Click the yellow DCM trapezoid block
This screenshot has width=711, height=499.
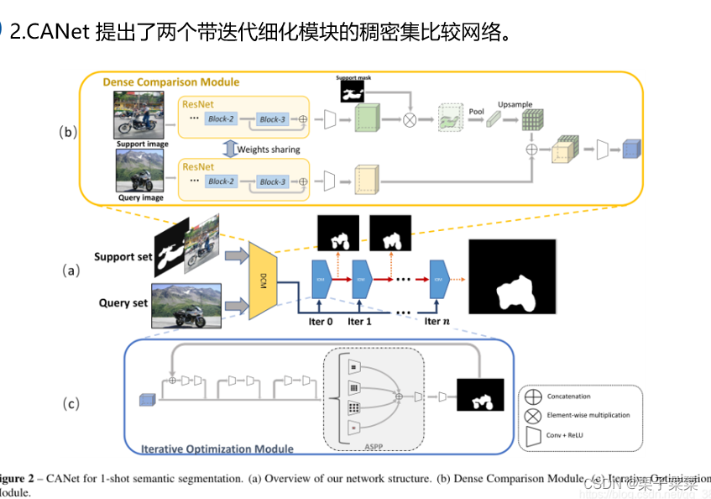click(x=262, y=282)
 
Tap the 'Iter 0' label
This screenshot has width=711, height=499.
click(x=321, y=321)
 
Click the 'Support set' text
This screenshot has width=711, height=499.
click(x=123, y=257)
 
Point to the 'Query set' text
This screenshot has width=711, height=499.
click(x=123, y=303)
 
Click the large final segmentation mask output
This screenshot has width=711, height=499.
click(x=512, y=276)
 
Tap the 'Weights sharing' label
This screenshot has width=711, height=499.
click(x=269, y=150)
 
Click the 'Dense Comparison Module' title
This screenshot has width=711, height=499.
click(x=170, y=82)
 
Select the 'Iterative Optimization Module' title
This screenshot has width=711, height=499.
click(x=217, y=449)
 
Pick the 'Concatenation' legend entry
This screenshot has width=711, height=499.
click(x=568, y=396)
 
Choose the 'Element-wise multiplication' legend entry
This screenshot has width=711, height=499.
click(x=588, y=415)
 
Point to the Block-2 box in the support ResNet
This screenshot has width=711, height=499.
click(x=221, y=119)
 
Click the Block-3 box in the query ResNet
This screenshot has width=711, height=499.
click(x=272, y=181)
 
